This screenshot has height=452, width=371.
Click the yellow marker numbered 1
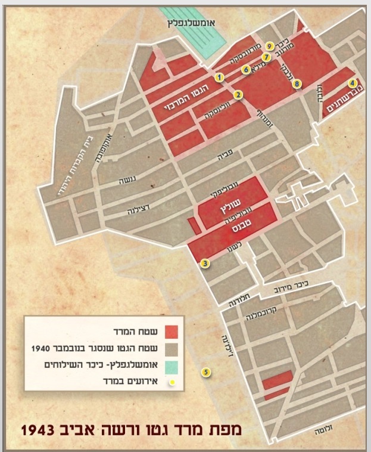tap(220, 77)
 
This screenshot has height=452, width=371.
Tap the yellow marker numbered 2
tap(237, 94)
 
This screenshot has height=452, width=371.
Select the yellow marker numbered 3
tap(204, 262)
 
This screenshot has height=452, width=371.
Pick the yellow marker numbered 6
tap(245, 69)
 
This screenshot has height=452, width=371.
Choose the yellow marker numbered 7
tap(266, 57)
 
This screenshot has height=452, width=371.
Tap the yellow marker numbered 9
tap(270, 45)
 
